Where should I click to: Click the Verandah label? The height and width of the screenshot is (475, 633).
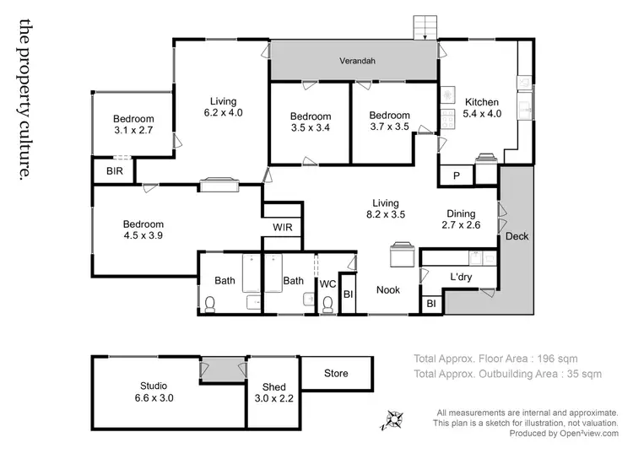point(357,62)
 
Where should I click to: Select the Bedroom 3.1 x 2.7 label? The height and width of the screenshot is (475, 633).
point(134,125)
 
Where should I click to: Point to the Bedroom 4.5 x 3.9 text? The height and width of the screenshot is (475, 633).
point(143,230)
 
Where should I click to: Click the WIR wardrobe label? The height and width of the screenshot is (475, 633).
point(282,228)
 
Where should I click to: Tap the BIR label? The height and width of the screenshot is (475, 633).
point(114,171)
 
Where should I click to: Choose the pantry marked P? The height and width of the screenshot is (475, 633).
point(456,175)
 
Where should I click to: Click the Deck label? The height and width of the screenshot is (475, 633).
point(517,237)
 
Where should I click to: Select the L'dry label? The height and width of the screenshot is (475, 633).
point(460,277)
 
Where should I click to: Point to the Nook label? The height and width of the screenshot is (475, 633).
point(388,290)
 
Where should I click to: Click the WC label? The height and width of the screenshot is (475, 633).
point(327,284)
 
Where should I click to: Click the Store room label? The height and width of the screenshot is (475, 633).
point(336,372)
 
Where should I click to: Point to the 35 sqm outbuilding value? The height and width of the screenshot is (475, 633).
point(582,373)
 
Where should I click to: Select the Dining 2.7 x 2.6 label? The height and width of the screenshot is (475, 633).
point(460,219)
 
